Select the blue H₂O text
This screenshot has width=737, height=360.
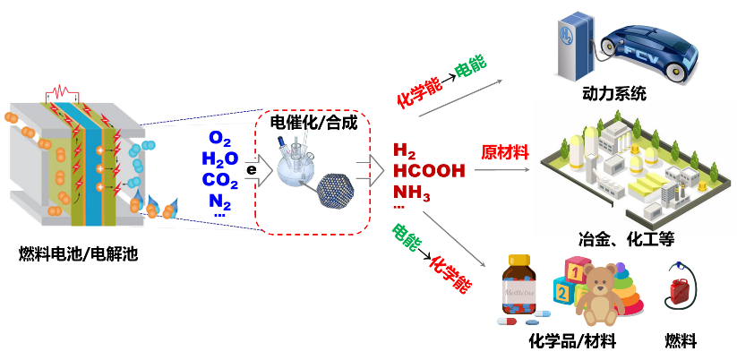click(x=219, y=159)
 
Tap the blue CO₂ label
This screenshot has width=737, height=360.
click(x=219, y=180)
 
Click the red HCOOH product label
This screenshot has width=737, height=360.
click(x=429, y=170)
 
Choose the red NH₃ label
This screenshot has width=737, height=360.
click(x=411, y=192)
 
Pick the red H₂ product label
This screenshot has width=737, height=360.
click(x=404, y=150)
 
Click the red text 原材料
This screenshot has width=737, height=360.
click(x=505, y=152)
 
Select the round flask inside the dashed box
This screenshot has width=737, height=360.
click(x=296, y=166)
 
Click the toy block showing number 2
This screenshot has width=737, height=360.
click(x=563, y=292)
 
